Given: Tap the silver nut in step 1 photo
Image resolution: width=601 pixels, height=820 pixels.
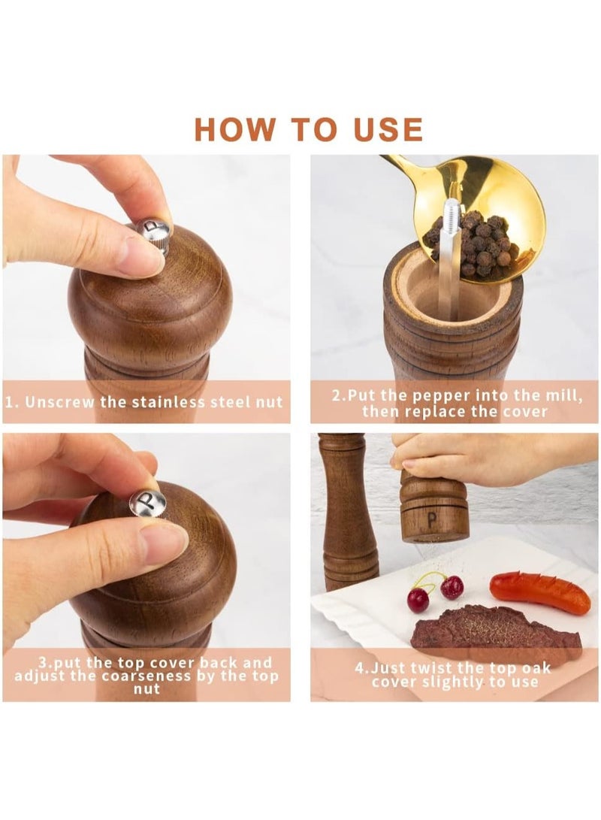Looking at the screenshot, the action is tap(154, 235).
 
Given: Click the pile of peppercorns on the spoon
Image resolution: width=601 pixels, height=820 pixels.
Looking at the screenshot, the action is tap(481, 241).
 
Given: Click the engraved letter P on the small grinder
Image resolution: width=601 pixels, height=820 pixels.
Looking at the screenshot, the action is tap(432, 520).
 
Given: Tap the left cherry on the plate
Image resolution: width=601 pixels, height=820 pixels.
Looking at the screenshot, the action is tap(418, 600).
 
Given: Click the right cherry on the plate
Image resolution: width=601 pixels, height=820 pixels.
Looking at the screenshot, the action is tap(452, 587).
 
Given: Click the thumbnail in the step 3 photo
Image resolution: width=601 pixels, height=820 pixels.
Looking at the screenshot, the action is tap(164, 544).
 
